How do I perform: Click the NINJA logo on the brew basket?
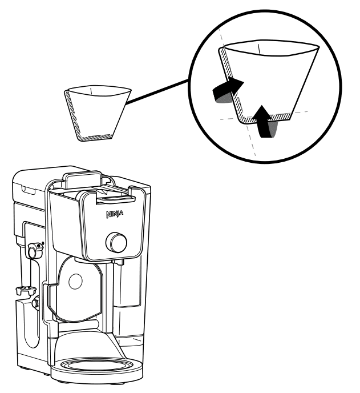113,216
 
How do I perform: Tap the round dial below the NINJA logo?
116,243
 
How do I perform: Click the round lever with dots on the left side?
34,248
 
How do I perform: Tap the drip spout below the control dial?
119,261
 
